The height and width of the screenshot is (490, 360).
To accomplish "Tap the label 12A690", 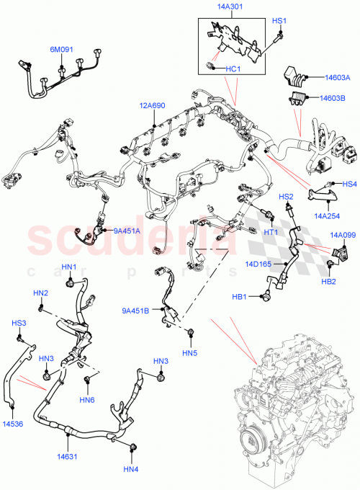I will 152,105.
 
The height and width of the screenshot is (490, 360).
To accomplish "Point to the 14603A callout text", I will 337,77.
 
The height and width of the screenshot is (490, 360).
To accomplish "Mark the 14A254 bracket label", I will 328,215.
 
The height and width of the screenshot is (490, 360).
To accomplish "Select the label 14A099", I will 343,235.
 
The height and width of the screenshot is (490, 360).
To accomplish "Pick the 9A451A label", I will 127,231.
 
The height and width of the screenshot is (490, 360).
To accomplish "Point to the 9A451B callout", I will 135,311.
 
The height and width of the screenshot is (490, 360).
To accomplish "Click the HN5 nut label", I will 190,352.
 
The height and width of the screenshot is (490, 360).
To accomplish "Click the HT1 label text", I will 271,232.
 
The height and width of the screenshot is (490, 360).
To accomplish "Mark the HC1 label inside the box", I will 231,69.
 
